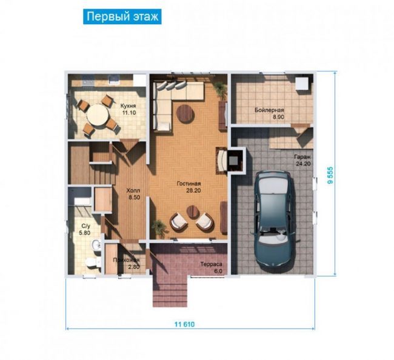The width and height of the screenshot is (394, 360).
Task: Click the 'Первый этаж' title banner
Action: (x=122, y=16)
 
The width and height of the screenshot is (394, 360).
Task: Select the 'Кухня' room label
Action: (x=128, y=106)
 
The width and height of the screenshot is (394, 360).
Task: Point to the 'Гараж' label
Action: (x=302, y=157)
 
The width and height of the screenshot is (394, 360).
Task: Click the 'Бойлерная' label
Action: (x=269, y=110)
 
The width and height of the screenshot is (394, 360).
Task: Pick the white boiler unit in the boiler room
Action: (x=301, y=83)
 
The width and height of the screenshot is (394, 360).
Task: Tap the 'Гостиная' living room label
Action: (x=189, y=184)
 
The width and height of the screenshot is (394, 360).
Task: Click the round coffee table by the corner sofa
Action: (x=185, y=114)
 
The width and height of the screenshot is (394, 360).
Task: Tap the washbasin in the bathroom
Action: (x=96, y=245)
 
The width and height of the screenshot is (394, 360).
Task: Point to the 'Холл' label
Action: (x=133, y=190)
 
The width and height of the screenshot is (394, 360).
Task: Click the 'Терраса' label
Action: (x=212, y=264)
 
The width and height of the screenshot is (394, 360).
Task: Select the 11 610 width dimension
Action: (x=184, y=324)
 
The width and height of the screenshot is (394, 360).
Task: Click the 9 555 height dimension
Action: (x=330, y=175)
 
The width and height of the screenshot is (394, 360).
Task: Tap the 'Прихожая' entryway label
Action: (x=126, y=260)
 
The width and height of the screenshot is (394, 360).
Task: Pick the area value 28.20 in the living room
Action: (x=193, y=190)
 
